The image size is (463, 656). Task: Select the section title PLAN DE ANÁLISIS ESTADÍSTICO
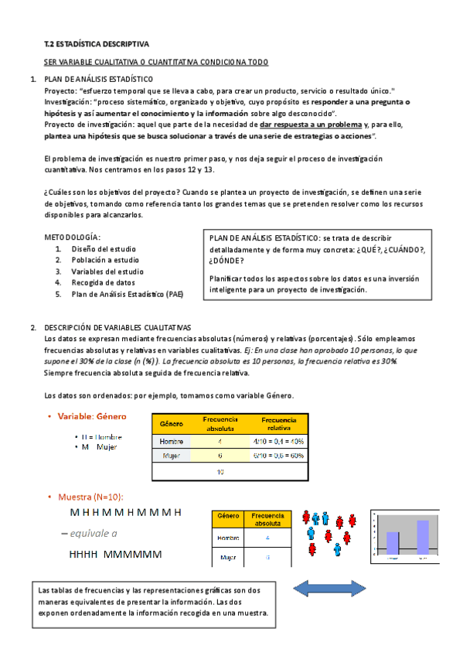tap(99, 80)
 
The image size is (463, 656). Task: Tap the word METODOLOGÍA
tap(72, 237)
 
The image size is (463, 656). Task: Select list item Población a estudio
tap(105, 260)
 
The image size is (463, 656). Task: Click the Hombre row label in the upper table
tap(171, 441)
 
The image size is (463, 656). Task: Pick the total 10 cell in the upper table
tap(220, 471)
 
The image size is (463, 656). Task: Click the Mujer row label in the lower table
tap(227, 556)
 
